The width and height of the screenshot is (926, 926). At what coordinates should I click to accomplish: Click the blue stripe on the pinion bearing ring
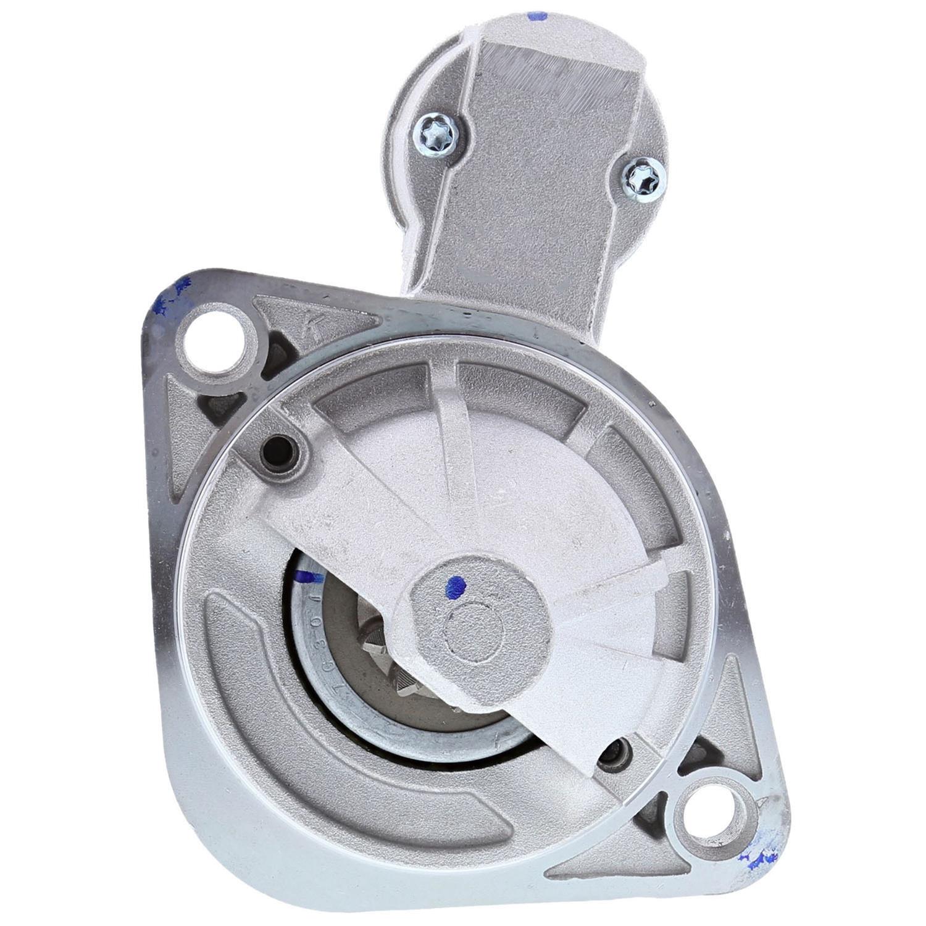pyautogui.click(x=308, y=577)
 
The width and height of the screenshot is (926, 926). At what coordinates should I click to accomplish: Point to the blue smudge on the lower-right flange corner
pyautogui.click(x=759, y=855)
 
